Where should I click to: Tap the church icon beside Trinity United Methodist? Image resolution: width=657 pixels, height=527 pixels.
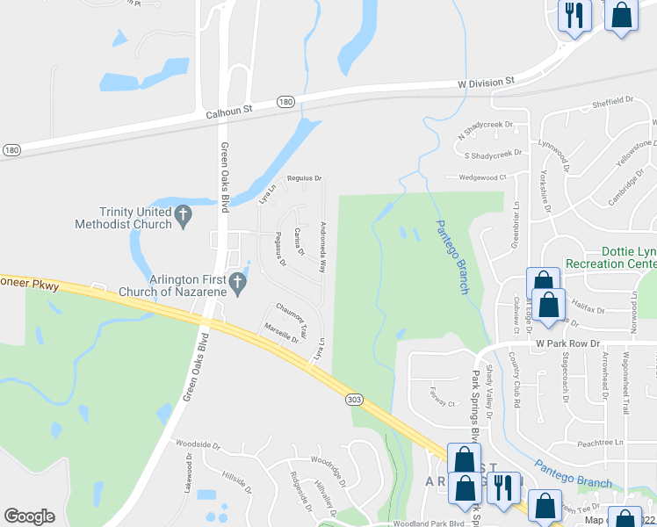[184, 215]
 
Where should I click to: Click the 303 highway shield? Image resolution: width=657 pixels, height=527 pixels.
[354, 399]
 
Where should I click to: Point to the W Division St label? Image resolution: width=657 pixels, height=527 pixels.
[486, 82]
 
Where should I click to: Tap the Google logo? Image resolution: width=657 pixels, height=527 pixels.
[29, 516]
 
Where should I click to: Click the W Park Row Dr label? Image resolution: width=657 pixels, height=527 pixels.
[567, 343]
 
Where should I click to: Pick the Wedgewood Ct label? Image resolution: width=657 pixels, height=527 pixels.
[483, 177]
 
